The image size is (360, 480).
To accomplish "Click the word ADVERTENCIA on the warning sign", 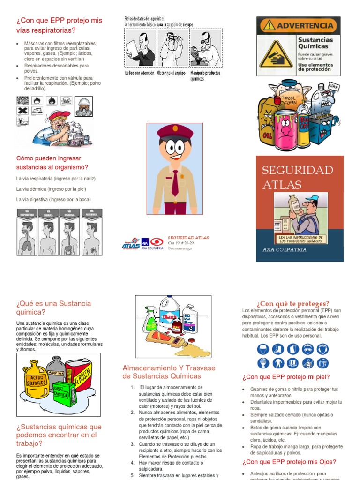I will (305, 25).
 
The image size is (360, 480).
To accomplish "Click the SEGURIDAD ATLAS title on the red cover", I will (297, 177).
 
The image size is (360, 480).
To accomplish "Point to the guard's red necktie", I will (175, 182).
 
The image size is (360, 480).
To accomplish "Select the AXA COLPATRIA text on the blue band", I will (285, 250).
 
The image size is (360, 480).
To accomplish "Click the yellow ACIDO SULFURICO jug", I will (36, 379).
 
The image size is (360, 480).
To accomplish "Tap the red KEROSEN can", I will (78, 375).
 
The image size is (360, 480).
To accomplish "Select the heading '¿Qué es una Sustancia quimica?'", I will (53, 307).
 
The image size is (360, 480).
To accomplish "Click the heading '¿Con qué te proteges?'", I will (292, 303).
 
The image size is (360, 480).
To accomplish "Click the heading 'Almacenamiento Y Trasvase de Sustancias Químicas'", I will (169, 372).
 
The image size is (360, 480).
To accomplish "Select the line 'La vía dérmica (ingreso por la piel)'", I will (51, 189).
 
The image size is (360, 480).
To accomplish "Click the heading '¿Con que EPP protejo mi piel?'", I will (286, 377).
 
